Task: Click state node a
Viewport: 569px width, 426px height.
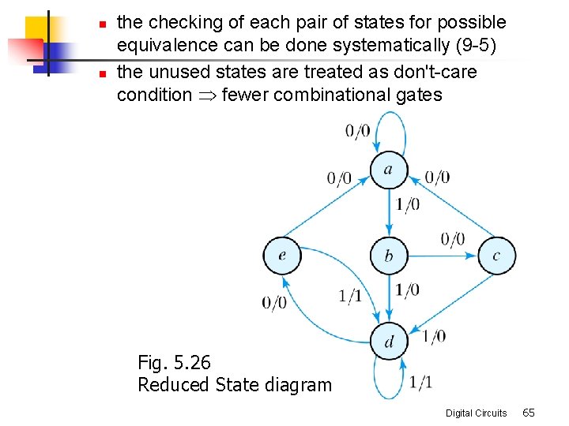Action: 388,170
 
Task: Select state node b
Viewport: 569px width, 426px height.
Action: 388,256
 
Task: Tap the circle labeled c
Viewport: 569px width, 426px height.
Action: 496,256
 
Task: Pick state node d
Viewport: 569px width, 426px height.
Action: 389,342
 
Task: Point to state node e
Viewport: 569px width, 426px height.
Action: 281,256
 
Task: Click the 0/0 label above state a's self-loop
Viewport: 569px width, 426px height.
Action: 357,131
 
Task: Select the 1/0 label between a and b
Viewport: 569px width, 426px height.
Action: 407,205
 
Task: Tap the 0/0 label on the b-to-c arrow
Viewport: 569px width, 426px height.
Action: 453,239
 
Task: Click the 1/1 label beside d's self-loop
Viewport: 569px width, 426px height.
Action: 421,383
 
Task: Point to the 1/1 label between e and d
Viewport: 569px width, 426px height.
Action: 350,296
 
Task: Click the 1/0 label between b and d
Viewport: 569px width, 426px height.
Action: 407,290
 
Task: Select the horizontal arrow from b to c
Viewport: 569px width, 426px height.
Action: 443,256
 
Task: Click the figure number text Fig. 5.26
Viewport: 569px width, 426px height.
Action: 174,363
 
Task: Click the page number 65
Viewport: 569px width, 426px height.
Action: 529,413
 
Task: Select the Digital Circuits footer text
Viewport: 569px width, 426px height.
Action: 476,413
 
